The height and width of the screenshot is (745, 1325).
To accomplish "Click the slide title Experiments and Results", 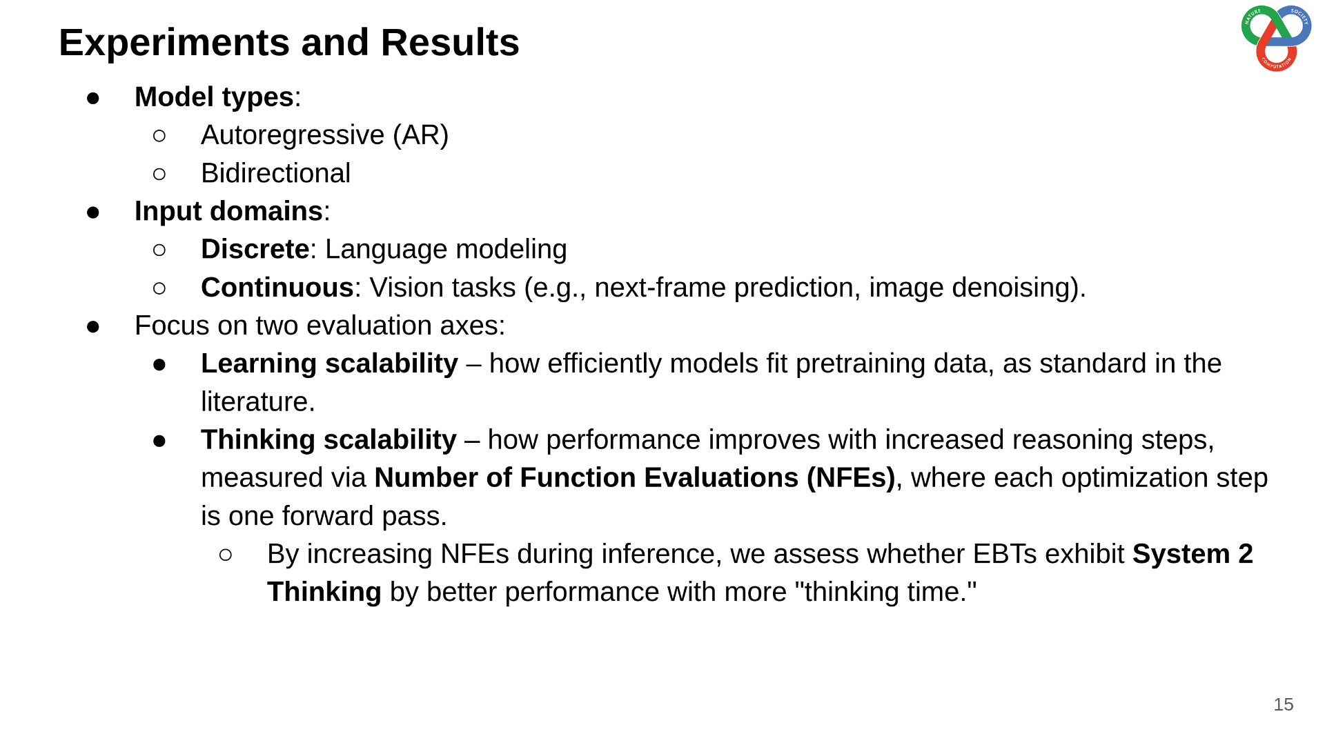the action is pos(289,43).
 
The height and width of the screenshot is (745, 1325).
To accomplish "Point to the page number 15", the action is pos(1283,704).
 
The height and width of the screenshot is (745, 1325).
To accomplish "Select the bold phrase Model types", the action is pos(214,97).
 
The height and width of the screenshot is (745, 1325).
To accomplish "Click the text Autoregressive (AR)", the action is pos(324,135).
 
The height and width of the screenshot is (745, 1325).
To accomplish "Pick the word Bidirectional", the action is pos(275,173).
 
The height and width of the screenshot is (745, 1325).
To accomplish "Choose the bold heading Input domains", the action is pos(228,211).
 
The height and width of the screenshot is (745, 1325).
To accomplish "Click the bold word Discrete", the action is pos(255,249).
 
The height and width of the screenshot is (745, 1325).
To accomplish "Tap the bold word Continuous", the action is pos(277,288).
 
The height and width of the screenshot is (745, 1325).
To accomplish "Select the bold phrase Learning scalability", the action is pos(329,364).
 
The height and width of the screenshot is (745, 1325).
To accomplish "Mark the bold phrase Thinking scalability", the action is pos(328,440).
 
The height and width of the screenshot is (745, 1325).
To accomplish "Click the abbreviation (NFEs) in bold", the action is pos(850,478).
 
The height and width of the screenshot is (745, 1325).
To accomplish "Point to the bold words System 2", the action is pos(1192,554).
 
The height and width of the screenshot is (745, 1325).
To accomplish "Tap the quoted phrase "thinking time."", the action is pos(885,592).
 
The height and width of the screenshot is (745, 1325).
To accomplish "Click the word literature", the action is pos(257,401).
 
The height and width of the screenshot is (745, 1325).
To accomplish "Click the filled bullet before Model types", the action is pos(93,98).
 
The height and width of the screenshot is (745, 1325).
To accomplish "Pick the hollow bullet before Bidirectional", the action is pos(159,174).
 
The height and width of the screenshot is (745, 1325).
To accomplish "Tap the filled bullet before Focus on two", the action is pos(93,326).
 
